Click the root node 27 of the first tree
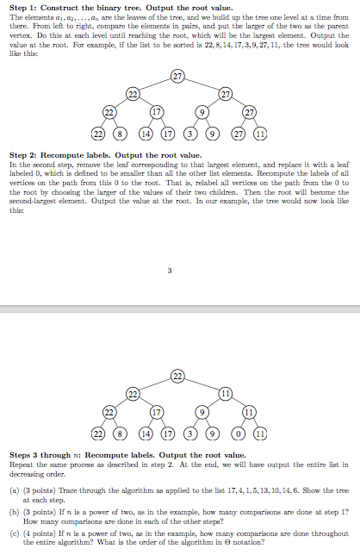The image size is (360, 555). coord(177,78)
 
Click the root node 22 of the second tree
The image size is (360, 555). coord(177,375)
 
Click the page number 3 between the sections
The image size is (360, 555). coord(170,272)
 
